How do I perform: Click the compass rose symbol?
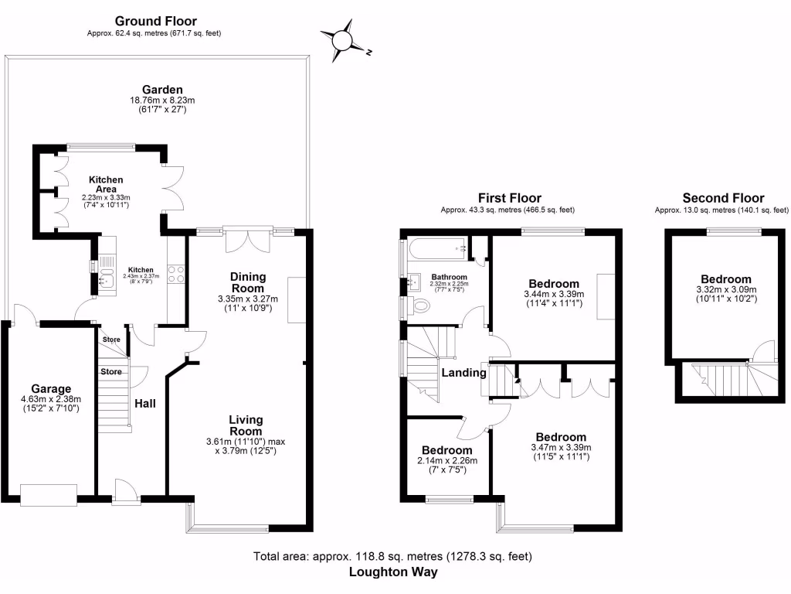(344, 41)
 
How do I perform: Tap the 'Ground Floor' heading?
(155, 21)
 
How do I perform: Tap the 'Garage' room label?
(51, 388)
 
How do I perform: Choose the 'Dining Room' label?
(248, 282)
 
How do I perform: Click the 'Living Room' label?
(246, 425)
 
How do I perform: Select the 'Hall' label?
(145, 403)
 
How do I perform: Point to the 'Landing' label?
(463, 373)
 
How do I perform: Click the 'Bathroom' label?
(450, 276)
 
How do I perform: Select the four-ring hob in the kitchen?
(175, 274)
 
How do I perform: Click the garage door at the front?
(49, 494)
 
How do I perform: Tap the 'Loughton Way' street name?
(393, 572)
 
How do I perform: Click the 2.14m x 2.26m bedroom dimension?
(448, 461)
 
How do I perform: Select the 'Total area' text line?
(392, 556)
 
